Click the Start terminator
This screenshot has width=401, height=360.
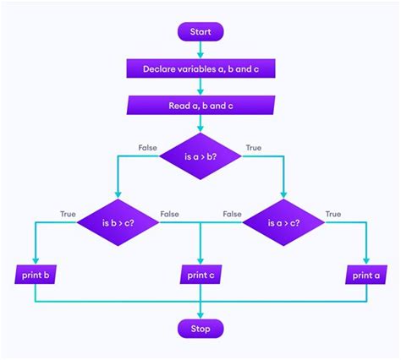pos(200,32)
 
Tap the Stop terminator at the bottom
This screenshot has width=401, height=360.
pos(200,328)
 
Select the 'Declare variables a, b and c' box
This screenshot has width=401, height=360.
pos(200,68)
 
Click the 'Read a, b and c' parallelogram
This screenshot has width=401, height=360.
pos(200,106)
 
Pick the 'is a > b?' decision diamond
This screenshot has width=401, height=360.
pos(200,155)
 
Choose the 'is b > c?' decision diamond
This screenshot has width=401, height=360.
pos(118,223)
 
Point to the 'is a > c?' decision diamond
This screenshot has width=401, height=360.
pos(283,223)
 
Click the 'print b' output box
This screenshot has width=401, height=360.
pos(35,275)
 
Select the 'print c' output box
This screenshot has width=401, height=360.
pos(200,275)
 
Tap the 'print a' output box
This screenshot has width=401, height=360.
pos(365,275)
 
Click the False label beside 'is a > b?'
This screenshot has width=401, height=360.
pos(149,147)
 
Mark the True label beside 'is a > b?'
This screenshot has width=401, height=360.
pos(252,147)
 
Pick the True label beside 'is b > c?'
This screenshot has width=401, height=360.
pos(69,215)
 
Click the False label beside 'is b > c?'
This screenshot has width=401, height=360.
pos(169,215)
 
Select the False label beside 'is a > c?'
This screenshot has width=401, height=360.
pos(232,215)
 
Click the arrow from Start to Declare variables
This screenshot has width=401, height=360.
pos(200,50)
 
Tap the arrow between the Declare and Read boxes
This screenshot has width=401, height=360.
pos(200,86)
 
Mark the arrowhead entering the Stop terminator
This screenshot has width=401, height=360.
pos(200,314)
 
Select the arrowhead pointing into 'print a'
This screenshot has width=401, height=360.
pos(365,261)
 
